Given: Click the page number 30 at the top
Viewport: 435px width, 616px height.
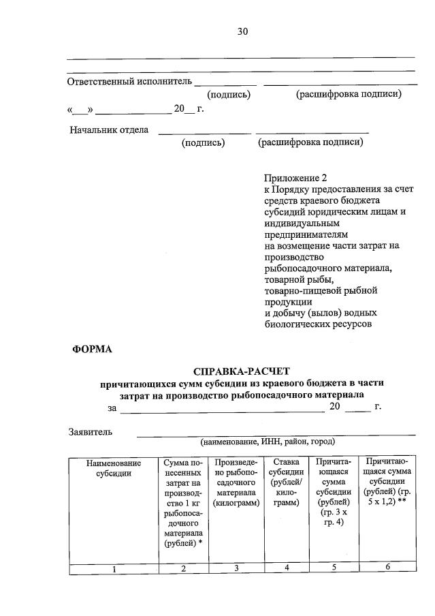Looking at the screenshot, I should click(x=243, y=31).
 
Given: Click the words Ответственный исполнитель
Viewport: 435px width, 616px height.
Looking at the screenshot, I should click(x=129, y=82).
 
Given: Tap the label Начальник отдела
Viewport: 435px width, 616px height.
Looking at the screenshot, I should click(x=109, y=129).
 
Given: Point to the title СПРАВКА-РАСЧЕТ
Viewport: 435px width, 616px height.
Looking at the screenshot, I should click(x=242, y=371).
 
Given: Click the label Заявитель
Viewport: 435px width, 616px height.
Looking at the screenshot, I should click(x=90, y=431).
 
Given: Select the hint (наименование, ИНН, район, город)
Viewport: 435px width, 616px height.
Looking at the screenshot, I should click(x=277, y=442).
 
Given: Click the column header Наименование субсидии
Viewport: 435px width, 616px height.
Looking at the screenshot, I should click(x=114, y=468).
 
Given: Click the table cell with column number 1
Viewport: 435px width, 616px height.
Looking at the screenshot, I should click(x=114, y=569).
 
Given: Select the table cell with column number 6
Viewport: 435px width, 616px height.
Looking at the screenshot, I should click(x=387, y=568).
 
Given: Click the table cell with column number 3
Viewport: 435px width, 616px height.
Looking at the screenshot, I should click(x=236, y=568).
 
